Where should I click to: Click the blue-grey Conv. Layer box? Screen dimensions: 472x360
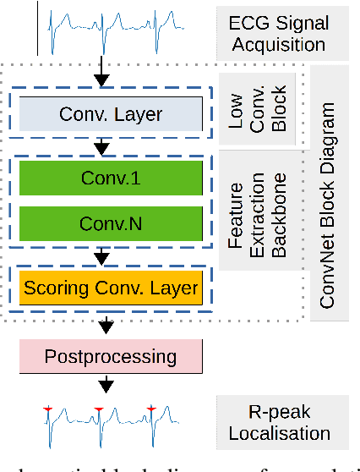[112, 113]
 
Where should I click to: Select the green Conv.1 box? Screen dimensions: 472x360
[112, 178]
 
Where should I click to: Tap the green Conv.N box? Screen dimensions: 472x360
[112, 223]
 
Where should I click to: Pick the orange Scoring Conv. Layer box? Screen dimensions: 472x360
[112, 288]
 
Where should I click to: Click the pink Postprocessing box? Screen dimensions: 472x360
[112, 355]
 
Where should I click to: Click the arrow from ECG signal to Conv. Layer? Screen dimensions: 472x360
[102, 74]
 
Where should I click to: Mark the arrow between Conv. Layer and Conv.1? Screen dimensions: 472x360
[102, 146]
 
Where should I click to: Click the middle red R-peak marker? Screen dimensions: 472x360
[100, 409]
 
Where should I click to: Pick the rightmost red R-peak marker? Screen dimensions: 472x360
[152, 409]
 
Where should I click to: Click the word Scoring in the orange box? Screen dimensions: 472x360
[57, 288]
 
